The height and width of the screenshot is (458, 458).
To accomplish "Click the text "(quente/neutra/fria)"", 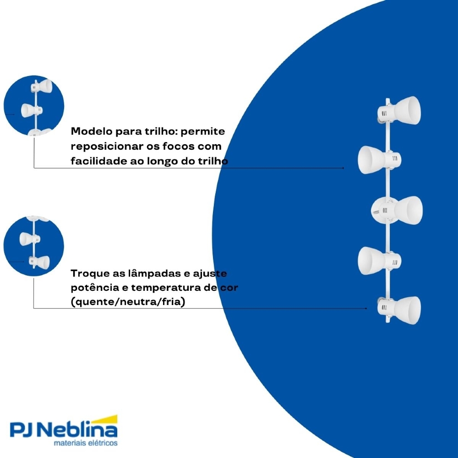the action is [128, 301].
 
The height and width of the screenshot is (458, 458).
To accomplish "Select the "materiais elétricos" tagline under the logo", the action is [86, 443].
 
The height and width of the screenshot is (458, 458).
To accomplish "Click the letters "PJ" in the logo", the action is [22, 430].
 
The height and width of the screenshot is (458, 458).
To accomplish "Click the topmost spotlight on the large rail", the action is [399, 111].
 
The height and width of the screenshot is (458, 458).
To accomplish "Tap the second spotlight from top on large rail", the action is [379, 160].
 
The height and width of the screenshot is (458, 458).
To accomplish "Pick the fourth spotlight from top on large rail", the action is [379, 261].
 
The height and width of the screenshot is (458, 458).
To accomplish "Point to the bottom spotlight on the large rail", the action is [399, 310].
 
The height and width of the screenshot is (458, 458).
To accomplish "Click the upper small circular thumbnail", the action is [34, 105].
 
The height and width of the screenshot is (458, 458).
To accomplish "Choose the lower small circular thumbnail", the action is [34, 246].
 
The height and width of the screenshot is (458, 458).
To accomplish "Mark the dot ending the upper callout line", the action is [343, 168].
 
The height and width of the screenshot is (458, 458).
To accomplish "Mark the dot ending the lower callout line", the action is [366, 308].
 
